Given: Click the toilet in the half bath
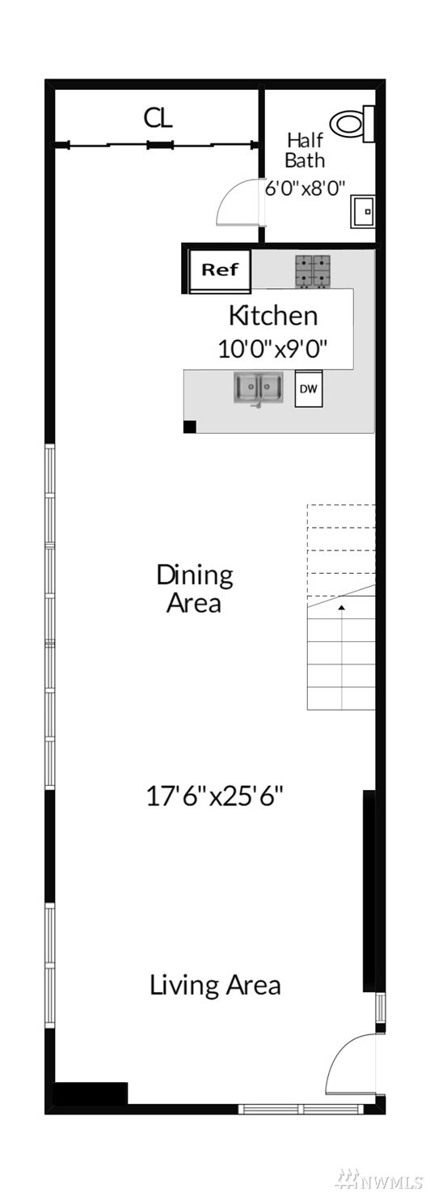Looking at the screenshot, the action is pos(352,124).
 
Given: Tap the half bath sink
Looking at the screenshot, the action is pos(363,211).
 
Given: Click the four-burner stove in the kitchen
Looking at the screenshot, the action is pos(313,272).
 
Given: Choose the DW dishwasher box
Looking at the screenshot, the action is pos(309,388).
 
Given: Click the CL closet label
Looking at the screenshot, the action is pos(158,117).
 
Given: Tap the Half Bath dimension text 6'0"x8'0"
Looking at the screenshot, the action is pos(306,188).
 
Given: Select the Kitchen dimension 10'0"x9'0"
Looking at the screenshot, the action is pos(272,349).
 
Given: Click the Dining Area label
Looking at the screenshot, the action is pos(194,588).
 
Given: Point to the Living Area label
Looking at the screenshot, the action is pos(215,985).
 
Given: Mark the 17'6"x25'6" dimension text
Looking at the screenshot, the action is pos(214,796).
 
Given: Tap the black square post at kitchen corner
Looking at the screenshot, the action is pos(189,427).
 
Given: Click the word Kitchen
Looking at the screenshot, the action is pos(273,316).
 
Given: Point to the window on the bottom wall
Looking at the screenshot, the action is pos(301,1110).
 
